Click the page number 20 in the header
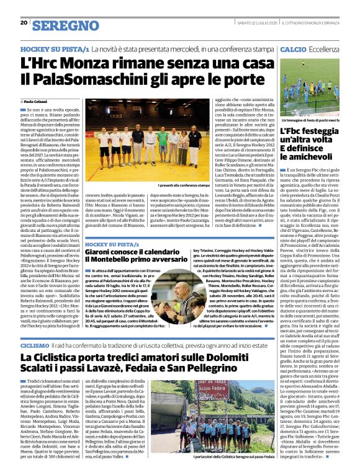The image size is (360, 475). tap(24, 23)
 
